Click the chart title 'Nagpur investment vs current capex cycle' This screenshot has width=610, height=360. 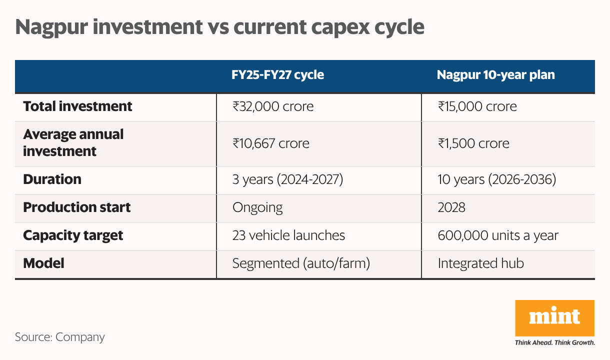coord(219,27)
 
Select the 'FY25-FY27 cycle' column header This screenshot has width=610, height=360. coord(277,75)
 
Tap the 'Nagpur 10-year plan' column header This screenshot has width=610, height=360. coord(496,75)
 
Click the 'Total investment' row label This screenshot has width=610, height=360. coord(77,106)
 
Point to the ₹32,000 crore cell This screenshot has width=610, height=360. coord(273,106)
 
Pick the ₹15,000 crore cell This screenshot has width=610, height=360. coord(477,106)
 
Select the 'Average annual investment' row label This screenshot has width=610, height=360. coord(73,142)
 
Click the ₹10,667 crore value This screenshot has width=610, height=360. coord(271,143)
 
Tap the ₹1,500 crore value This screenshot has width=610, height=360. coord(473,143)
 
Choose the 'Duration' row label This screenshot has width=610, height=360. coord(52,179)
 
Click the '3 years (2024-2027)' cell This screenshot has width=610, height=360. coord(287,179)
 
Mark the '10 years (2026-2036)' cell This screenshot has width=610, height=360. coord(496,179)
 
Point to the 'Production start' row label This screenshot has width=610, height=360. coord(77,207)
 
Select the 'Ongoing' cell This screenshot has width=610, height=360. coord(257,207)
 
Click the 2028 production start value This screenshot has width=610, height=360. coord(451,207)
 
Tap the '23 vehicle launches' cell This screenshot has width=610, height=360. coord(288,235)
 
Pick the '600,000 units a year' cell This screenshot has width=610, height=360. coord(498,235)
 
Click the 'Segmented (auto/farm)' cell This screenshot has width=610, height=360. coord(301,263)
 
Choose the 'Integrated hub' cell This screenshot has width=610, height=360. coord(480,263)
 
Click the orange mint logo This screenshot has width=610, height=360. coord(554,318)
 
